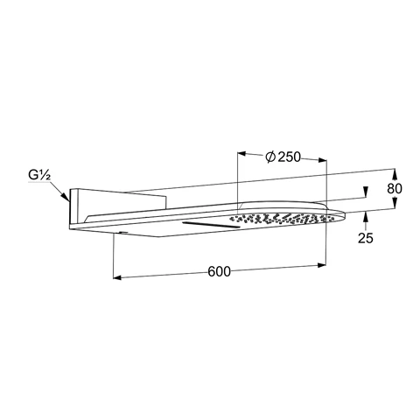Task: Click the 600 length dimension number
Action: [x=219, y=271]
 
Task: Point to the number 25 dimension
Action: [x=367, y=237]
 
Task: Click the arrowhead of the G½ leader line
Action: [x=66, y=199]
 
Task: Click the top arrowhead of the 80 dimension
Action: [x=395, y=172]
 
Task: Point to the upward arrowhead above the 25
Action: [x=367, y=217]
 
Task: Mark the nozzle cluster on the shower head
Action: [x=280, y=217]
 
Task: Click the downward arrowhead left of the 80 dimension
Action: [x=367, y=196]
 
